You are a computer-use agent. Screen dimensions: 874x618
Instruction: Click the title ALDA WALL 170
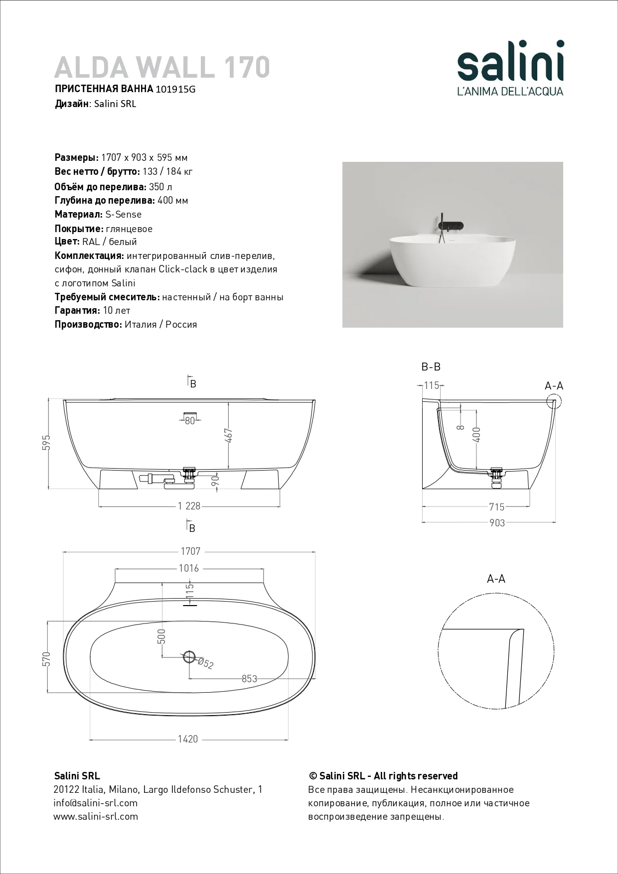(x=162, y=67)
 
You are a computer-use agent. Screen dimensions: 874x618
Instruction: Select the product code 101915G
(x=175, y=90)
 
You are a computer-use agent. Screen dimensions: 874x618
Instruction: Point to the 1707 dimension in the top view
(x=190, y=551)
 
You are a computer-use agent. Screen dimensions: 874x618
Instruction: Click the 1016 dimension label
(x=189, y=568)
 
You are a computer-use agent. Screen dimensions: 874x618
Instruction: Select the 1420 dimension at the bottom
(x=188, y=739)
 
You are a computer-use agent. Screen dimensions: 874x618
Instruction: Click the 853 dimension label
(x=249, y=679)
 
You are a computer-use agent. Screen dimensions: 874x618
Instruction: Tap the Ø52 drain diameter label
(x=205, y=663)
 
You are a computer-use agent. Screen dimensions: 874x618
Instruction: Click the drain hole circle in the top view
(x=189, y=657)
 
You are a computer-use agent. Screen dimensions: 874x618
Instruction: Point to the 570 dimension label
(x=47, y=659)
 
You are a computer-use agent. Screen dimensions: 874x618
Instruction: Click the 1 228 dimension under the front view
(x=189, y=506)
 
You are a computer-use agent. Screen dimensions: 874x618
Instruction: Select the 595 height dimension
(x=47, y=443)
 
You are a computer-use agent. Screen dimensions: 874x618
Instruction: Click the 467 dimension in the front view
(x=229, y=435)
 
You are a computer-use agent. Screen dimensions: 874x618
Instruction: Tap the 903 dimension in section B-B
(x=497, y=523)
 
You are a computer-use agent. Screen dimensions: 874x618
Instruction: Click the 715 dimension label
(x=497, y=507)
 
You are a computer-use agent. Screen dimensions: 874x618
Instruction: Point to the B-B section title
(x=431, y=367)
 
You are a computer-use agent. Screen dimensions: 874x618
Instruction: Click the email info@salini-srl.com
(x=95, y=803)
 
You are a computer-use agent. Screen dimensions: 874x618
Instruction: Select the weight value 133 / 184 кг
(x=167, y=172)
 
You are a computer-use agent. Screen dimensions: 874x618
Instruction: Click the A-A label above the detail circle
(x=496, y=579)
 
